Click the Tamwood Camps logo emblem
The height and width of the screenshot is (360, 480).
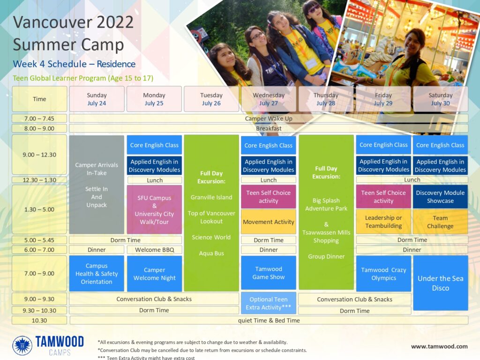pyautogui.click(x=22, y=345)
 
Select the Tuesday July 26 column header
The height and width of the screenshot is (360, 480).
pyautogui.click(x=211, y=99)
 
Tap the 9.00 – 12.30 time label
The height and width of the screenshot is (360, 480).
pyautogui.click(x=39, y=155)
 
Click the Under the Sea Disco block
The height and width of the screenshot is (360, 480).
pyautogui.click(x=441, y=283)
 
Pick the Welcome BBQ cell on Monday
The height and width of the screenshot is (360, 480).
pyautogui.click(x=154, y=250)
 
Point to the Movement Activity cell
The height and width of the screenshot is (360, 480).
pyautogui.click(x=269, y=222)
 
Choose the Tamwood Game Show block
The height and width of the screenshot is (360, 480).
pyautogui.click(x=269, y=273)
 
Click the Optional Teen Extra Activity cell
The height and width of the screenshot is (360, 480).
pyautogui.click(x=269, y=303)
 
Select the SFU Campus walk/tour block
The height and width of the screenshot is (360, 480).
pyautogui.click(x=154, y=210)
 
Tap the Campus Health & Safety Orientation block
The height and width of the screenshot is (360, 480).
pyautogui.click(x=97, y=273)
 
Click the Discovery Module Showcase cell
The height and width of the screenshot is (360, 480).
pyautogui.click(x=441, y=196)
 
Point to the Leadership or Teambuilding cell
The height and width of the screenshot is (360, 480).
pyautogui.click(x=383, y=222)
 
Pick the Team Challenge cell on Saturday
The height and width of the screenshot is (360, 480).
pyautogui.click(x=441, y=222)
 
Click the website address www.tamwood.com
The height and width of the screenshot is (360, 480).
pyautogui.click(x=439, y=346)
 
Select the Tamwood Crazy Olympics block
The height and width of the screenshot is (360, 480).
pyautogui.click(x=383, y=273)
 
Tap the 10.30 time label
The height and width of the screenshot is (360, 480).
pyautogui.click(x=39, y=320)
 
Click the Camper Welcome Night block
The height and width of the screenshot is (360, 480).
pyautogui.click(x=154, y=273)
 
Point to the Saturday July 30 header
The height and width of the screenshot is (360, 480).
pyautogui.click(x=441, y=99)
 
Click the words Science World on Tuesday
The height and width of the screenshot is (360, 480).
pyautogui.click(x=211, y=237)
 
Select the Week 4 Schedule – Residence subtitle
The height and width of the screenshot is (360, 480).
pyautogui.click(x=74, y=64)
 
